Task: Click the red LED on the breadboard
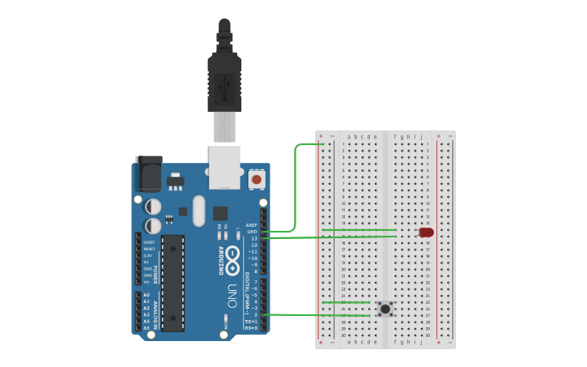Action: coord(426,233)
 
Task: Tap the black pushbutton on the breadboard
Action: coord(385,308)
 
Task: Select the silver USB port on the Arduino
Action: coord(224,167)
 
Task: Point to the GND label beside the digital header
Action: coord(252,232)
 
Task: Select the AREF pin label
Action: coord(251,225)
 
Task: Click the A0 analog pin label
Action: coord(147,295)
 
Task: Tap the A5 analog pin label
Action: coord(147,328)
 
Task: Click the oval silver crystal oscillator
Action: coord(199,211)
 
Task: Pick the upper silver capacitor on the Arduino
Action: coord(153,207)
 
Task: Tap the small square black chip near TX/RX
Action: coord(220,213)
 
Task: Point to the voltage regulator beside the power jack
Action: coord(175,179)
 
